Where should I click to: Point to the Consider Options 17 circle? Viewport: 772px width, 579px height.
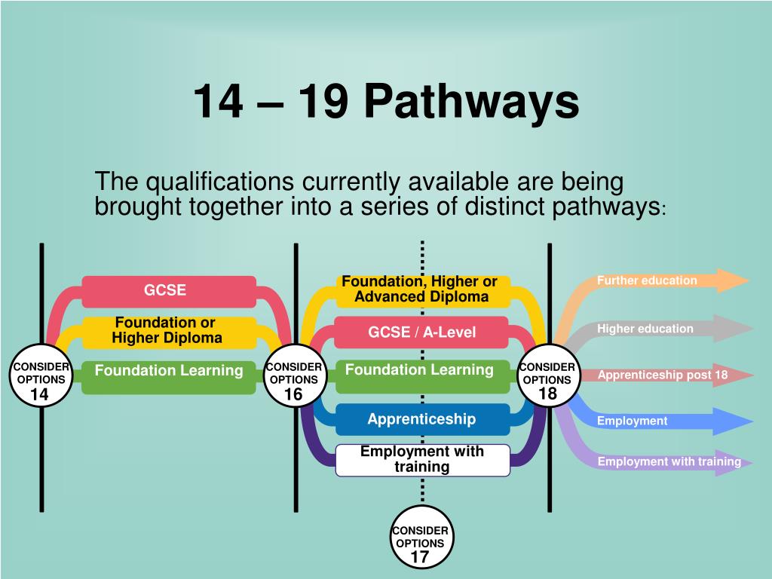[420, 544]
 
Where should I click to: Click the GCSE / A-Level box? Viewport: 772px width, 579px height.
[421, 332]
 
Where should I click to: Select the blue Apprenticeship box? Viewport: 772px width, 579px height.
[421, 419]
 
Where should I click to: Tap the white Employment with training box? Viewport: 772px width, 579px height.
[422, 459]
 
